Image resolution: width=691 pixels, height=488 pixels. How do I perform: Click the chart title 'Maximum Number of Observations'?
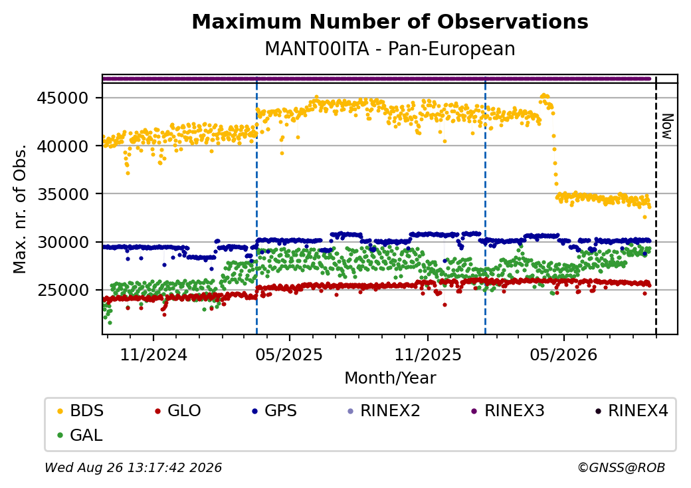390,21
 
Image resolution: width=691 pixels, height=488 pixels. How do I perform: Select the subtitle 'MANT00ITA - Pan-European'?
390,49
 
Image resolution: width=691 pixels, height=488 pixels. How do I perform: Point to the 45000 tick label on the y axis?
62,98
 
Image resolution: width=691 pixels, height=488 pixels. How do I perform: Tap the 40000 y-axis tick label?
62,146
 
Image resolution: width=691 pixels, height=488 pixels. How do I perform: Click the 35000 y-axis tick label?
62,194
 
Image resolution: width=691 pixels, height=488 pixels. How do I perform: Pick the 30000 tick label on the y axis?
62,242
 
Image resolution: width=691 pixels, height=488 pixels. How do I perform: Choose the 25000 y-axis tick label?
62,290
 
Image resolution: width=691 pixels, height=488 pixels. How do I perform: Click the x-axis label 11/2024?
153,354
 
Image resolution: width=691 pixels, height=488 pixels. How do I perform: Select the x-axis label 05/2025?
289,354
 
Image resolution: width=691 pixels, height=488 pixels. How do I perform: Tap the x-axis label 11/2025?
427,354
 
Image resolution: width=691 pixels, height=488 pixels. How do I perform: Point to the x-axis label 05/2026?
563,354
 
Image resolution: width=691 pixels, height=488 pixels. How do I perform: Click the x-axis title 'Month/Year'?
390,378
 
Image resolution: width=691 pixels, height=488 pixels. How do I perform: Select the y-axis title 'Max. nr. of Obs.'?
20,209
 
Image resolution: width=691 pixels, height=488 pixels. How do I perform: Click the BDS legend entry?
81,411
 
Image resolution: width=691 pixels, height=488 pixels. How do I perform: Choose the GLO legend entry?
178,411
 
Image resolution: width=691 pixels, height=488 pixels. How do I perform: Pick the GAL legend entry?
80,435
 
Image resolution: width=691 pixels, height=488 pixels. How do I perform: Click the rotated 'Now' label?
668,126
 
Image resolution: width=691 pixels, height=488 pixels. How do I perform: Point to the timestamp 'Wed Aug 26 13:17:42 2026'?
134,467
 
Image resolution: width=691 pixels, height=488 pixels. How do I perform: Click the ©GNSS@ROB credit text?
621,467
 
